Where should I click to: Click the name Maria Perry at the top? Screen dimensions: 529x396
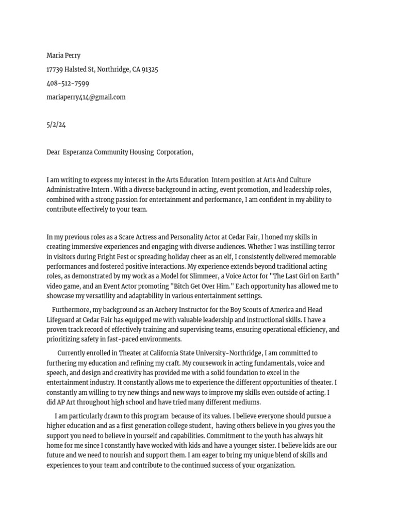tap(63, 55)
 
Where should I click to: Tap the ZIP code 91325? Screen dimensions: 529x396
tap(150, 69)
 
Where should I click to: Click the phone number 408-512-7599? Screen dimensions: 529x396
tap(68, 83)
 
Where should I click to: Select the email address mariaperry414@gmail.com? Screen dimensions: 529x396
tap(86, 97)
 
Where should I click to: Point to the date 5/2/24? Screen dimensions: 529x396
tap(56, 125)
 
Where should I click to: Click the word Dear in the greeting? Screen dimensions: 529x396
tap(53, 152)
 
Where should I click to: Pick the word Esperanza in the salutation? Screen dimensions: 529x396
tap(78, 152)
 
